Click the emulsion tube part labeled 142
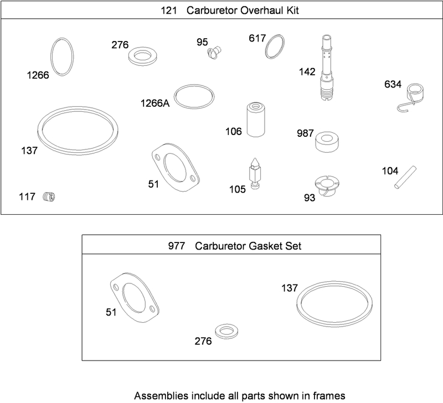coord(327,68)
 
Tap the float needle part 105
coord(255,173)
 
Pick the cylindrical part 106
coord(256,120)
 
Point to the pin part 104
coord(405,177)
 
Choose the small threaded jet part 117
coord(49,197)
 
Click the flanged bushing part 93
coord(327,185)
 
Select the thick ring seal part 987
coord(327,142)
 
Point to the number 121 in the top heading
coord(169,11)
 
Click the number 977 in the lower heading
coord(177,246)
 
